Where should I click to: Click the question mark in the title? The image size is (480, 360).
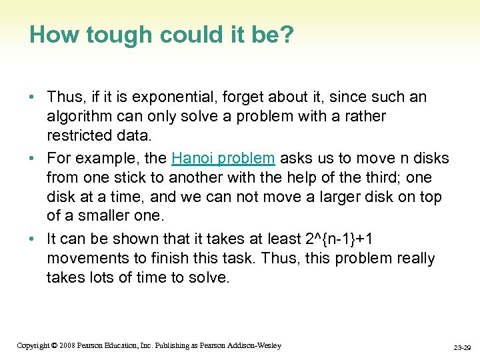tap(286, 35)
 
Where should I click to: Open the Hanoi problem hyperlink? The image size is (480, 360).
tap(223, 159)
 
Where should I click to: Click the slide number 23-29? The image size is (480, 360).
tap(462, 347)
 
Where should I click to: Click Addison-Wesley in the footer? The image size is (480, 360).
tap(255, 345)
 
